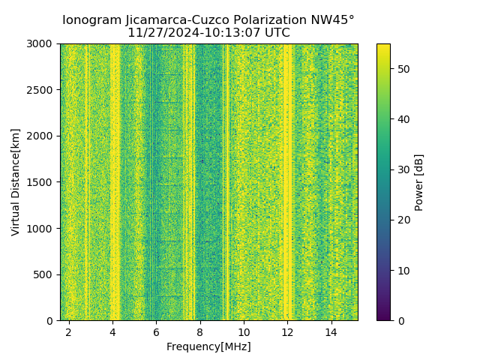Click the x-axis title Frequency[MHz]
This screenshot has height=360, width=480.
208,346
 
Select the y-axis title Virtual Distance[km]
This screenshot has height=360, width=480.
16,181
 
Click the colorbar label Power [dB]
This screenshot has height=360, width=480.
419,182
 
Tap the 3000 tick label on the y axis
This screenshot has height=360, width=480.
42,44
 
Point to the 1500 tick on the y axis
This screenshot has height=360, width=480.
42,182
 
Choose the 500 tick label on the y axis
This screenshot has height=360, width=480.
45,274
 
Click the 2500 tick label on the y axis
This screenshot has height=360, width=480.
42,90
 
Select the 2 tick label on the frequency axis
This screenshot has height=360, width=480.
69,331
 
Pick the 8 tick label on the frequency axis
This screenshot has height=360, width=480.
200,331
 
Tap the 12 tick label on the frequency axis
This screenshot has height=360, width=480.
287,331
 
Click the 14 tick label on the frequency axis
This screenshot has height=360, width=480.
331,331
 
